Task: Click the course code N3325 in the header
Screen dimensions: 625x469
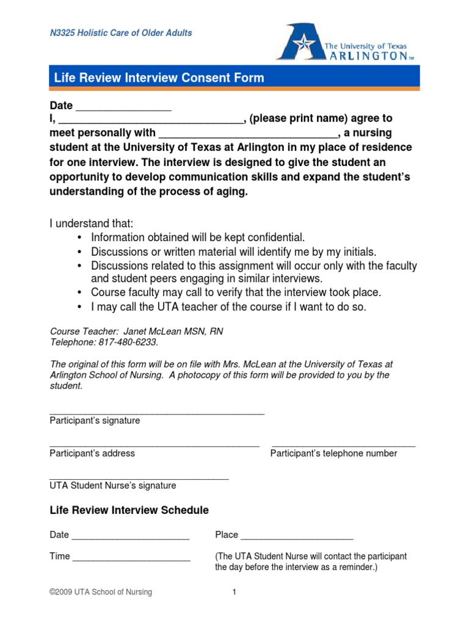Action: pos(64,33)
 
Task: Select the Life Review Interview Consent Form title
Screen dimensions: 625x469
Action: pos(159,78)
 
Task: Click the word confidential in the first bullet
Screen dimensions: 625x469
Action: pos(272,237)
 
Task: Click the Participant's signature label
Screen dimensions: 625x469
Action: pos(95,421)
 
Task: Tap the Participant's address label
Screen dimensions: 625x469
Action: pos(92,453)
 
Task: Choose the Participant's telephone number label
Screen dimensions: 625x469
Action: pos(333,453)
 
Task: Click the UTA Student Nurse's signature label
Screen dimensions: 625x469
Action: pos(113,486)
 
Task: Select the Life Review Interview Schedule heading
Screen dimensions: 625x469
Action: pos(129,510)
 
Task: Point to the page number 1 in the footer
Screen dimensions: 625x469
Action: pos(234,592)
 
